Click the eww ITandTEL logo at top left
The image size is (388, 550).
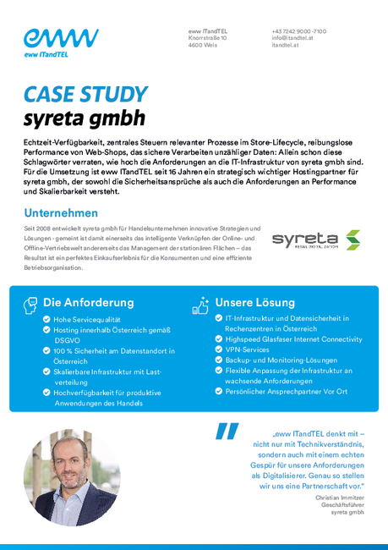point(61,42)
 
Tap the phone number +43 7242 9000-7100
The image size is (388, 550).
point(298,31)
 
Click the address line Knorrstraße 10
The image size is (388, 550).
point(207,38)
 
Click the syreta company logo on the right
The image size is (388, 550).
point(315,239)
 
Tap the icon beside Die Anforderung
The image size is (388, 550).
point(30,302)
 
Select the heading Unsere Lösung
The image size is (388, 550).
point(254,302)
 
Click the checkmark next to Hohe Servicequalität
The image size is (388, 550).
point(46,320)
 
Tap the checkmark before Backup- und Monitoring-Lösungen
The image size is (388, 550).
point(218,360)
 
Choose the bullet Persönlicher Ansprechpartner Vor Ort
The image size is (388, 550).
point(286,392)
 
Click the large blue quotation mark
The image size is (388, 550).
point(227,432)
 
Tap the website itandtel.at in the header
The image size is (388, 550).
point(287,45)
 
